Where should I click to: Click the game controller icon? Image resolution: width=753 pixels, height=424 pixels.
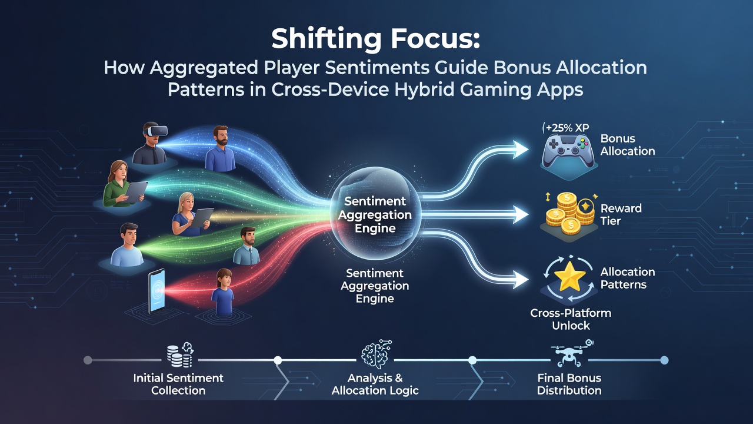568,151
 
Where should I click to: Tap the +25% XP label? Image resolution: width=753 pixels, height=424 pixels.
567,128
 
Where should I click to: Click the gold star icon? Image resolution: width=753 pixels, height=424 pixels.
569,277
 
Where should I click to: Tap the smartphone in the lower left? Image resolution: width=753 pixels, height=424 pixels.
156,291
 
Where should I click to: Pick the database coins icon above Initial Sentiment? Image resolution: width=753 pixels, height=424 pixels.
180,355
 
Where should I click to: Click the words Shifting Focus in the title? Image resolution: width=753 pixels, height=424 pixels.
375,39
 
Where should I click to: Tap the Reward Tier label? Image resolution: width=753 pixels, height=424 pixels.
621,214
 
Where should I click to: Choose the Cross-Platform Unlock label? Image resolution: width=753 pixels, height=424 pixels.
571,319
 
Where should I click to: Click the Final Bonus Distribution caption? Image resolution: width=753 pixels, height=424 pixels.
569,384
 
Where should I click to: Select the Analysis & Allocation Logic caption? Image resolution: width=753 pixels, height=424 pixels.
375,384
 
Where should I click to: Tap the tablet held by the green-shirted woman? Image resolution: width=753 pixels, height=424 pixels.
136,192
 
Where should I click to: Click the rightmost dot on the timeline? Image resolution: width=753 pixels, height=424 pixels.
664,360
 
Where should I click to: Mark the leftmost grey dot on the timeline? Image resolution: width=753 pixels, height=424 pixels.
88,360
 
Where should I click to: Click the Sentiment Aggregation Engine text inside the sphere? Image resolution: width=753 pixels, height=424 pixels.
375,215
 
